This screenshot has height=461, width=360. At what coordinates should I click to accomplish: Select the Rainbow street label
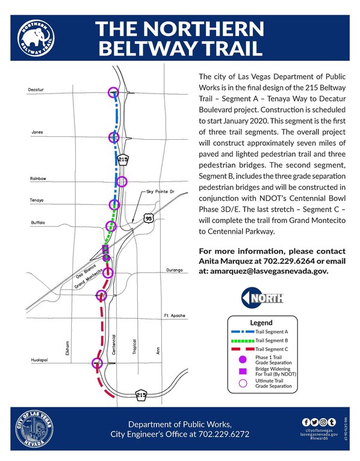click(x=37, y=179)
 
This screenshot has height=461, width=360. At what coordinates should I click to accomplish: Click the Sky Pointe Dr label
click(x=159, y=192)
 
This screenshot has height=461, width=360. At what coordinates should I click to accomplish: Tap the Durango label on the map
click(x=173, y=271)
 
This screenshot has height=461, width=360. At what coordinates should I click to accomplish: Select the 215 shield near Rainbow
click(x=123, y=160)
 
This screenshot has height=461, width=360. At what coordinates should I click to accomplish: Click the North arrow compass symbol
click(x=260, y=298)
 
